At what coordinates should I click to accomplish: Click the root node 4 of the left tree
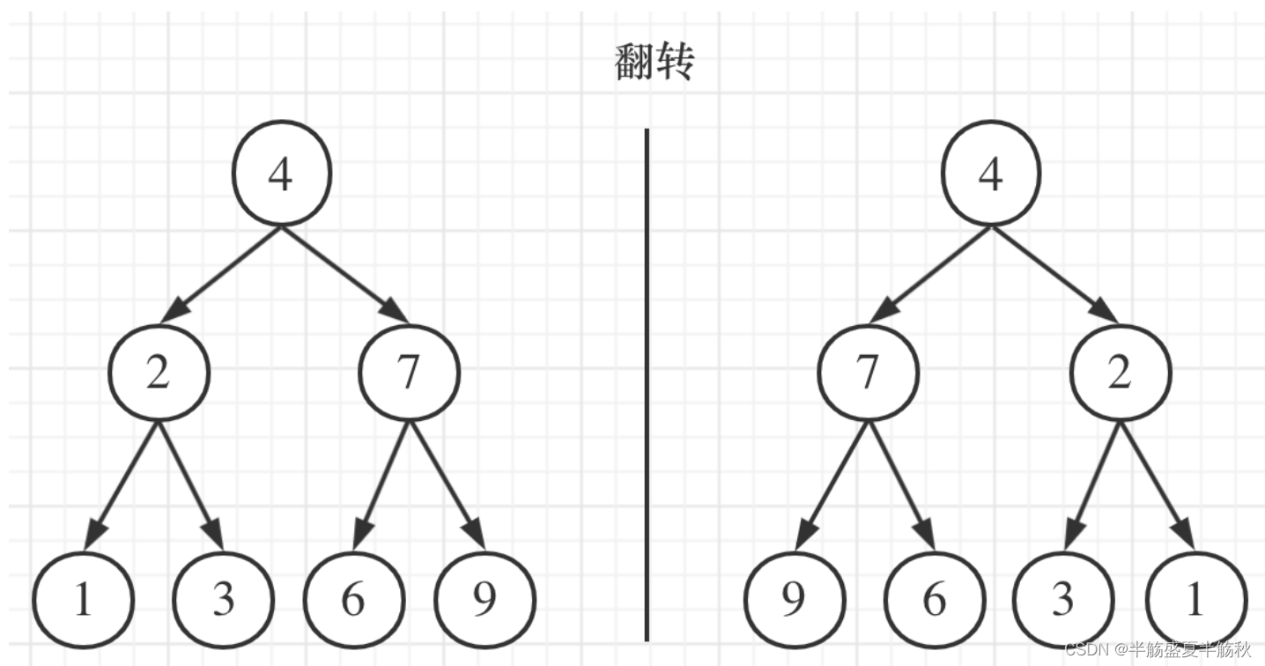click(x=281, y=174)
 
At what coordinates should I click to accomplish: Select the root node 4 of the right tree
click(x=990, y=174)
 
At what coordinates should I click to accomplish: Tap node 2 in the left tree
click(x=159, y=373)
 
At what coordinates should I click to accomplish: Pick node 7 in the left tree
click(x=409, y=373)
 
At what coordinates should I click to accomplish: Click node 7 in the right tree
click(x=868, y=373)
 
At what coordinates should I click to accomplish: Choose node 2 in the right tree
click(x=1119, y=373)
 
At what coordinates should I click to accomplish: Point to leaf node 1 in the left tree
click(x=83, y=600)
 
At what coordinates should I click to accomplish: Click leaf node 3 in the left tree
click(x=223, y=600)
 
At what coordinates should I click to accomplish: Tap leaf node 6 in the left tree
click(x=352, y=600)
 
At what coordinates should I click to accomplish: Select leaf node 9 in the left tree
click(x=485, y=600)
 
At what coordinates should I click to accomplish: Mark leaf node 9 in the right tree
click(x=793, y=600)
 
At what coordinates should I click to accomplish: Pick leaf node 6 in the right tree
click(x=934, y=600)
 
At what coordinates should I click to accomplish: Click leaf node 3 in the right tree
click(x=1063, y=600)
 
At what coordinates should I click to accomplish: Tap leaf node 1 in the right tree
click(x=1195, y=600)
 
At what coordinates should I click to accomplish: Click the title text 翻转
click(x=655, y=63)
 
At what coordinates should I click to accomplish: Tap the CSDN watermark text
click(x=1158, y=650)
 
